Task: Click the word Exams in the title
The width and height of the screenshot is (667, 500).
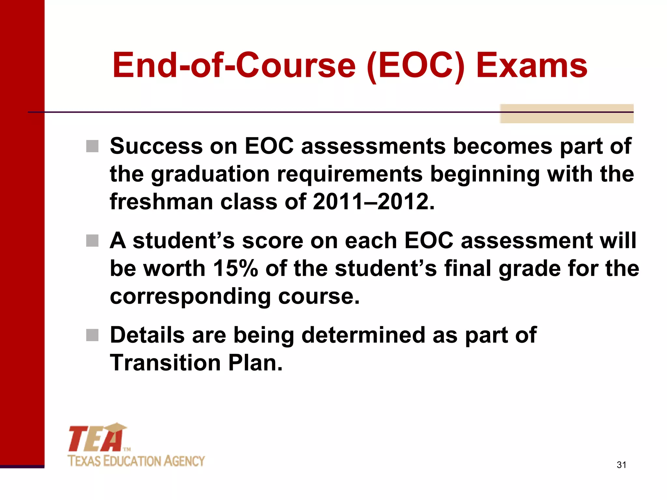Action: click(x=532, y=66)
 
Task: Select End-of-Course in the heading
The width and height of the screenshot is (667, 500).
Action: click(x=234, y=66)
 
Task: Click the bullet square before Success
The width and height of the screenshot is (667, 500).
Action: click(x=92, y=146)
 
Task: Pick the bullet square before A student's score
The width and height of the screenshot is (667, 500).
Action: click(x=92, y=241)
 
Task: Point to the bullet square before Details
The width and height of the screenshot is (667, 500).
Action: click(x=92, y=335)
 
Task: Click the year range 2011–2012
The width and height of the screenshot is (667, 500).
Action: click(x=374, y=202)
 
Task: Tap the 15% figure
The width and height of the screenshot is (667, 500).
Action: click(x=235, y=269)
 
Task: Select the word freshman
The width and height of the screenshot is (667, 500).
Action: click(x=162, y=202)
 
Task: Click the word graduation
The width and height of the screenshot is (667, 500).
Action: click(x=210, y=174)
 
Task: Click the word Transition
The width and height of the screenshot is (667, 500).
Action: click(x=165, y=363)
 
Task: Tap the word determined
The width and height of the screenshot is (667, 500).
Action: click(x=363, y=335)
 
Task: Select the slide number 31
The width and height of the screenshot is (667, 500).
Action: click(x=621, y=465)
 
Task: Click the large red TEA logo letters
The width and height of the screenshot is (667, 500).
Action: click(x=96, y=438)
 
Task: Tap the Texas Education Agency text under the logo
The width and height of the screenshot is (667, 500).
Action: click(x=136, y=461)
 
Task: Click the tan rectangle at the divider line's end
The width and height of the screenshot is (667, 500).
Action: click(x=567, y=114)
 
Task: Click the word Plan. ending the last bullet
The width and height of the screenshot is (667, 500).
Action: click(x=255, y=363)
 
